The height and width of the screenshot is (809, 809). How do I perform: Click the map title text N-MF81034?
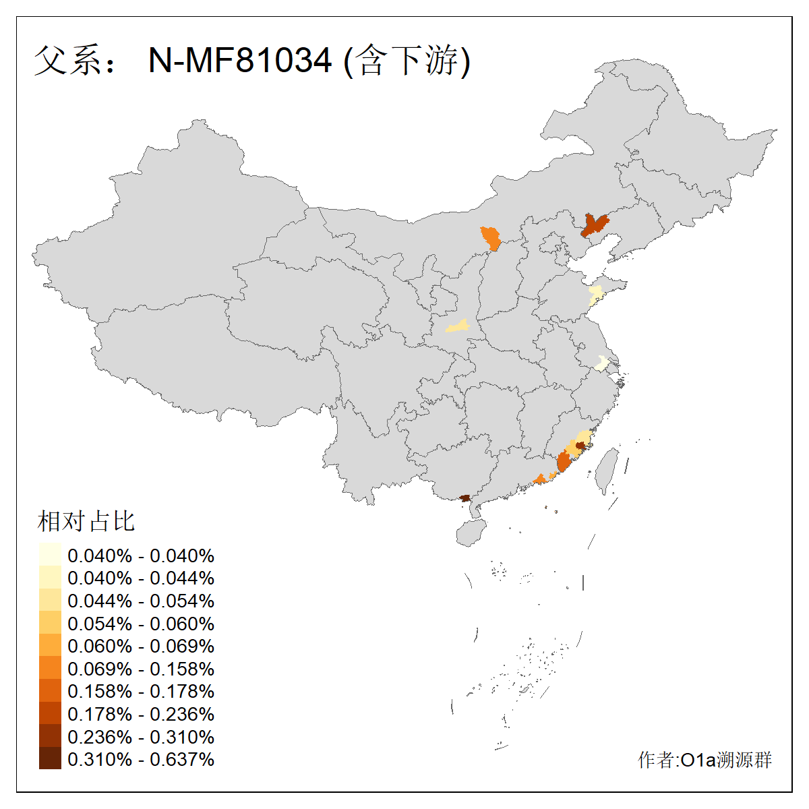pos(240,61)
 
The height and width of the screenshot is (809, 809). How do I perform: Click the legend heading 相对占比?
pos(86,521)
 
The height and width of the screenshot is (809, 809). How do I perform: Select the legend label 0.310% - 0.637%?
pos(141,759)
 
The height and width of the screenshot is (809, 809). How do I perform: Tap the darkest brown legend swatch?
pos(50,759)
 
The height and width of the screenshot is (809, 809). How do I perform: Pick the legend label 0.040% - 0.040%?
pos(141,556)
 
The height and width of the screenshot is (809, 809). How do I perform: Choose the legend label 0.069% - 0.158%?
pos(141,669)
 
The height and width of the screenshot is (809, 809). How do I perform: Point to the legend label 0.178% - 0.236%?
pos(141,714)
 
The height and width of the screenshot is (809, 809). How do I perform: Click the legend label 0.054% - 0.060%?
pos(141,624)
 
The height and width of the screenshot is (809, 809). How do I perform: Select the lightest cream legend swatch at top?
pos(50,554)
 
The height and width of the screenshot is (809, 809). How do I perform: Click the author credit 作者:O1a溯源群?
pos(705,760)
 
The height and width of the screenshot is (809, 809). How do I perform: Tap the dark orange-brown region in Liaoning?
pos(594,224)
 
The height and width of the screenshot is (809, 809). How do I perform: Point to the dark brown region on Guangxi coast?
pos(465,498)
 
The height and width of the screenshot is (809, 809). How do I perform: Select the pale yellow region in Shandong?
pos(595,295)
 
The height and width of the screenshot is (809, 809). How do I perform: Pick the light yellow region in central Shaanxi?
pos(458,326)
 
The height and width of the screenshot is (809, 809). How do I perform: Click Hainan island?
pos(471,532)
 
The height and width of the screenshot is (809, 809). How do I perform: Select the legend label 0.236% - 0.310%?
pos(141,737)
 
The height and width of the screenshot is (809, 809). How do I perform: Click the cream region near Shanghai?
pos(601,364)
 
